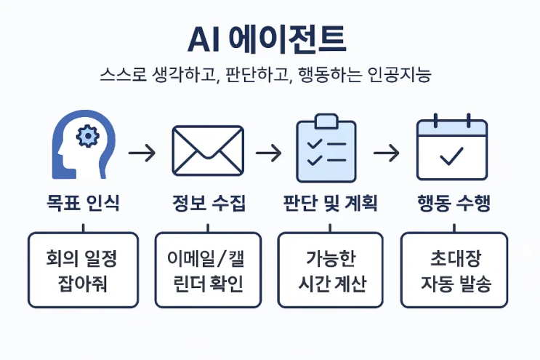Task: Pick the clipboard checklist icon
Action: (x=326, y=151)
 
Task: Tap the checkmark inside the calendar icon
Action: (x=452, y=155)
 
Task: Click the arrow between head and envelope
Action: (x=142, y=153)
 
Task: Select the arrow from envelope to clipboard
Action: (x=268, y=153)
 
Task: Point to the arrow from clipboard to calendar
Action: (x=387, y=153)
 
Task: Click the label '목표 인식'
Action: (x=82, y=204)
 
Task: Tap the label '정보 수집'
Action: (x=209, y=204)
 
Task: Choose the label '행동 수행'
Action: (x=454, y=204)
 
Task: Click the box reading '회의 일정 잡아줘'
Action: (x=82, y=270)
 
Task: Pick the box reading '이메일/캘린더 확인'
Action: (x=208, y=270)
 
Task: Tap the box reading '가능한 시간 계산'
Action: (x=330, y=270)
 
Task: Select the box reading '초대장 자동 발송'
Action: (x=454, y=270)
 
